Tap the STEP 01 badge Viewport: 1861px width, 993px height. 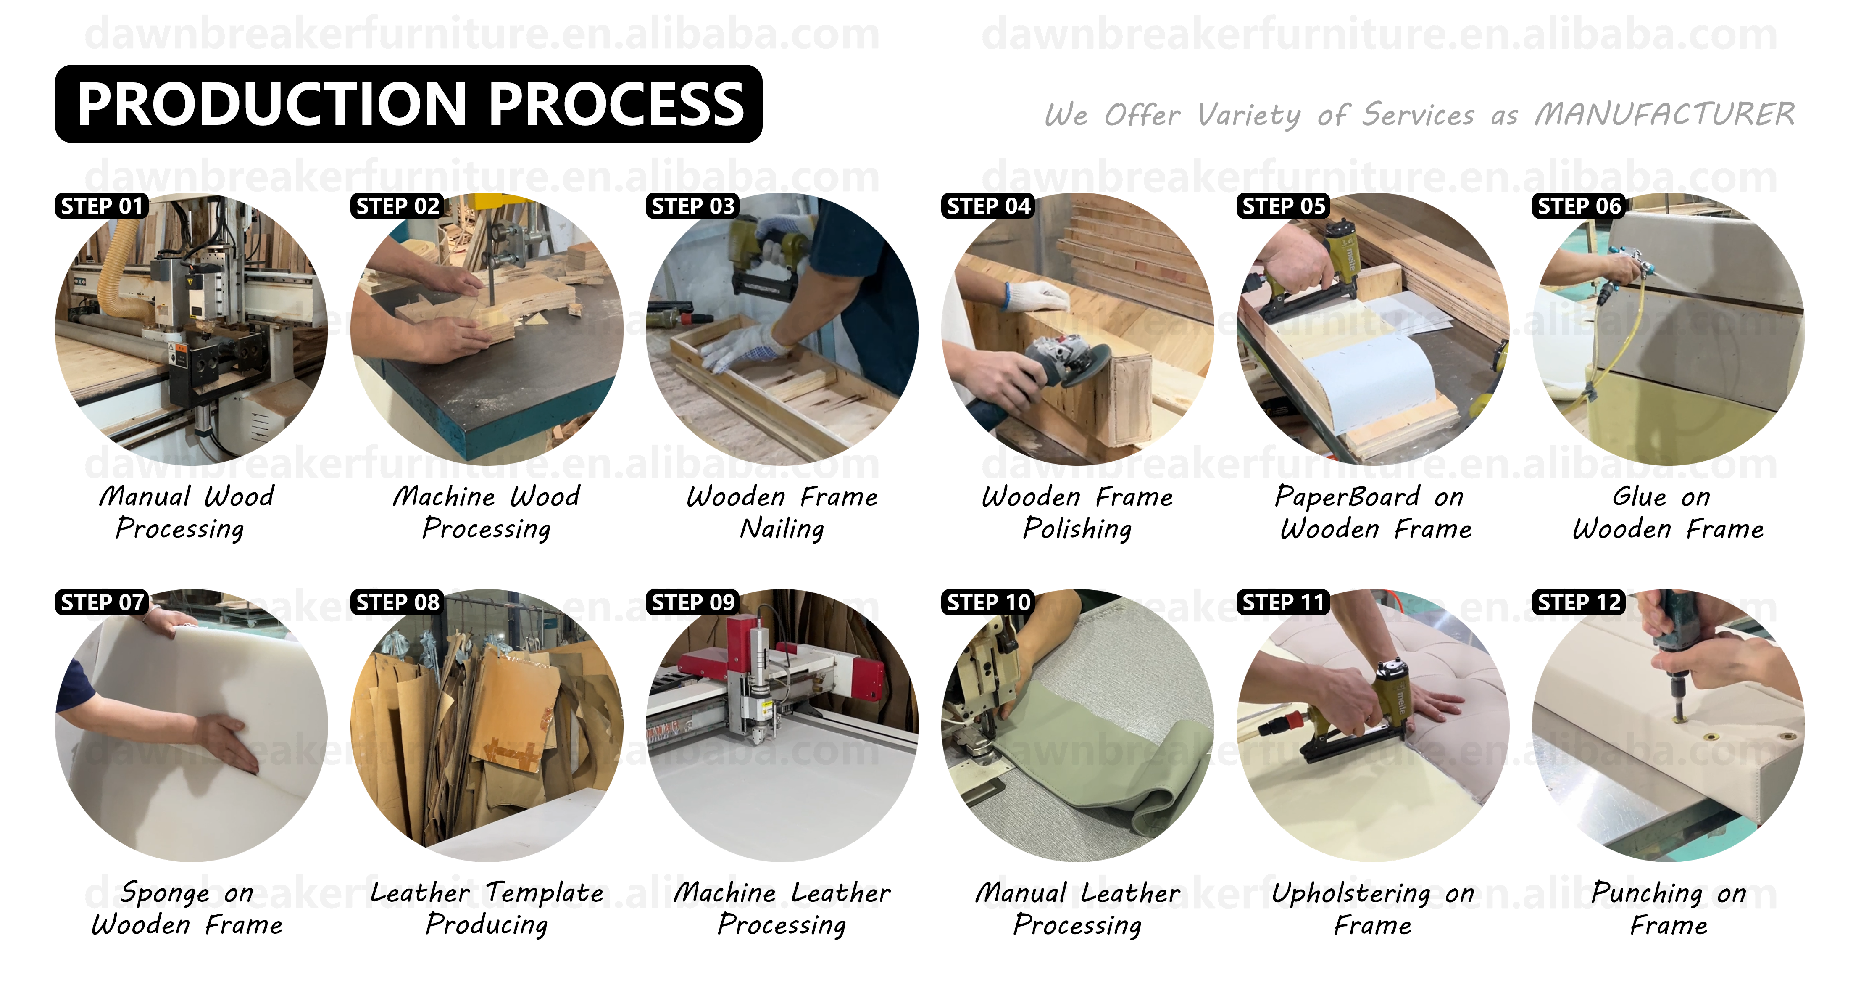102,206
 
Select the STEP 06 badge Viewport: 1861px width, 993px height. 1579,206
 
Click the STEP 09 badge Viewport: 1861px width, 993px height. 693,602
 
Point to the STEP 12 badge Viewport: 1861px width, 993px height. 1579,602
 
